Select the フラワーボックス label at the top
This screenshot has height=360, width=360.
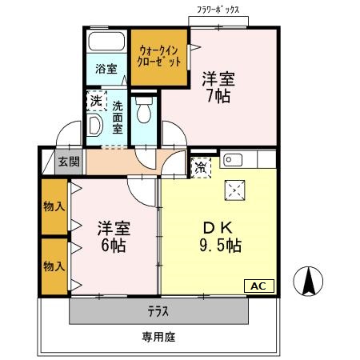[218, 10]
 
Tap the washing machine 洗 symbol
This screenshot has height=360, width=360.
[96, 102]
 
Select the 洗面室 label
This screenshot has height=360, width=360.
[117, 117]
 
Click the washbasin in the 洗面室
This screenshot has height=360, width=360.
[94, 125]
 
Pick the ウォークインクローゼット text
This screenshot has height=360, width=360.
[157, 55]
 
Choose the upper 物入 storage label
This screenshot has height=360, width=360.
[54, 207]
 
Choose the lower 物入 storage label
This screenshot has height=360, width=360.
[54, 266]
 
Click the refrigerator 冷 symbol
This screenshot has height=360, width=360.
[201, 167]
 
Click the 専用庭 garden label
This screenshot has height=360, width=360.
[158, 337]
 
